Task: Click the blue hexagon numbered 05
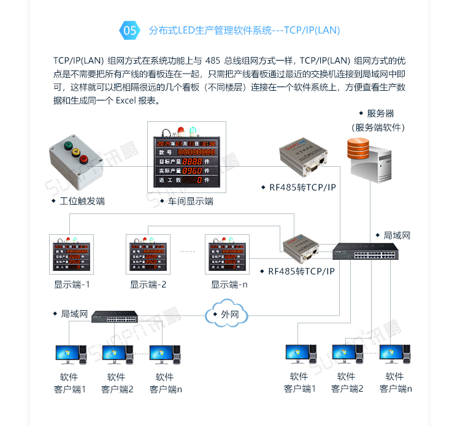(130, 30)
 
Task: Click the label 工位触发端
(82, 201)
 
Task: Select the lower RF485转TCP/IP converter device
(302, 246)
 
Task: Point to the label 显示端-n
(229, 284)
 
